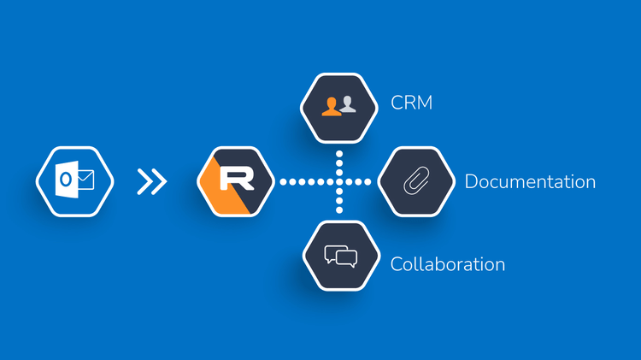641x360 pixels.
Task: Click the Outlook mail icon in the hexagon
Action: (74, 181)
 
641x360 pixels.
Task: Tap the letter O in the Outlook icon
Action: (64, 181)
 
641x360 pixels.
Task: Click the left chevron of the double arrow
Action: (144, 181)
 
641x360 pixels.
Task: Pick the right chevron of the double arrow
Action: (158, 181)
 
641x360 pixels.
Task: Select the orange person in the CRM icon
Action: (331, 105)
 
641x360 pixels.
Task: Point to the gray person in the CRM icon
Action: (347, 104)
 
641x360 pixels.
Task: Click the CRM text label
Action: (411, 103)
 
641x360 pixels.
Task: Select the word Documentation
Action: (530, 181)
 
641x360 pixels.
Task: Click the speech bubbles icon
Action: (340, 256)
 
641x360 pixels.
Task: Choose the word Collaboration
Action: (448, 263)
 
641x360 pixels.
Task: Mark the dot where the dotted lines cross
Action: (339, 181)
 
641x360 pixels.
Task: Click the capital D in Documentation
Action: (471, 181)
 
